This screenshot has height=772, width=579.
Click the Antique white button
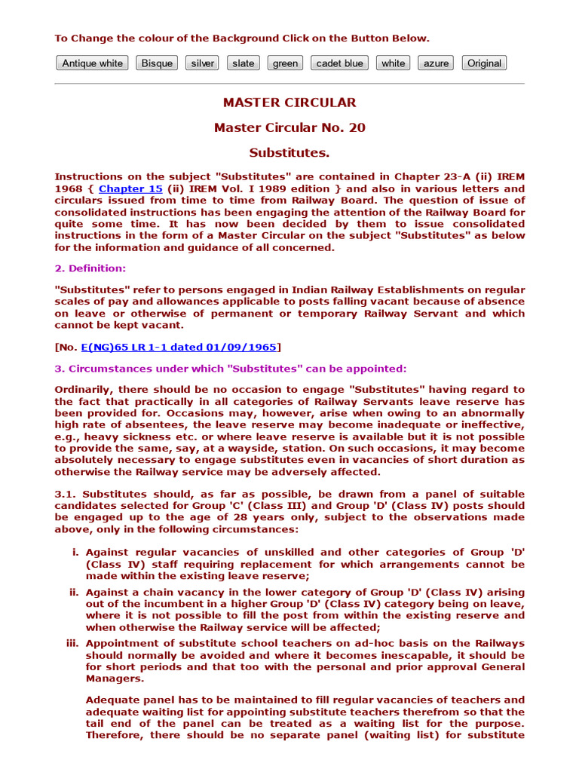point(92,63)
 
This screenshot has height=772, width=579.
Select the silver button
point(202,63)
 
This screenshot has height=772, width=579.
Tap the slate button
point(243,63)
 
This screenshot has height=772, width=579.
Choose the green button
point(285,63)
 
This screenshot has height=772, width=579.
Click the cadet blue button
point(339,63)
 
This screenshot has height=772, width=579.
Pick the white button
point(393,63)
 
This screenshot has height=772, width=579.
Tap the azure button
point(436,63)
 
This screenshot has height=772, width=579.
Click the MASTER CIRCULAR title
point(289,103)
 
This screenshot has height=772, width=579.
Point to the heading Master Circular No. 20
point(289,128)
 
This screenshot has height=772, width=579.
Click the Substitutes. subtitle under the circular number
point(289,153)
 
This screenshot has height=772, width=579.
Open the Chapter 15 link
point(130,189)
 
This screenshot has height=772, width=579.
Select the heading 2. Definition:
point(90,268)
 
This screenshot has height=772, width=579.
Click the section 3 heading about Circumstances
point(230,369)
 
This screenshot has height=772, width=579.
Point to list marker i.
point(75,553)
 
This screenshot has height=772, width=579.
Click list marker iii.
point(73,644)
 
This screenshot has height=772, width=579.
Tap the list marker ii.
point(74,593)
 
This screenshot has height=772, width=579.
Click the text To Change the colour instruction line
point(242,38)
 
